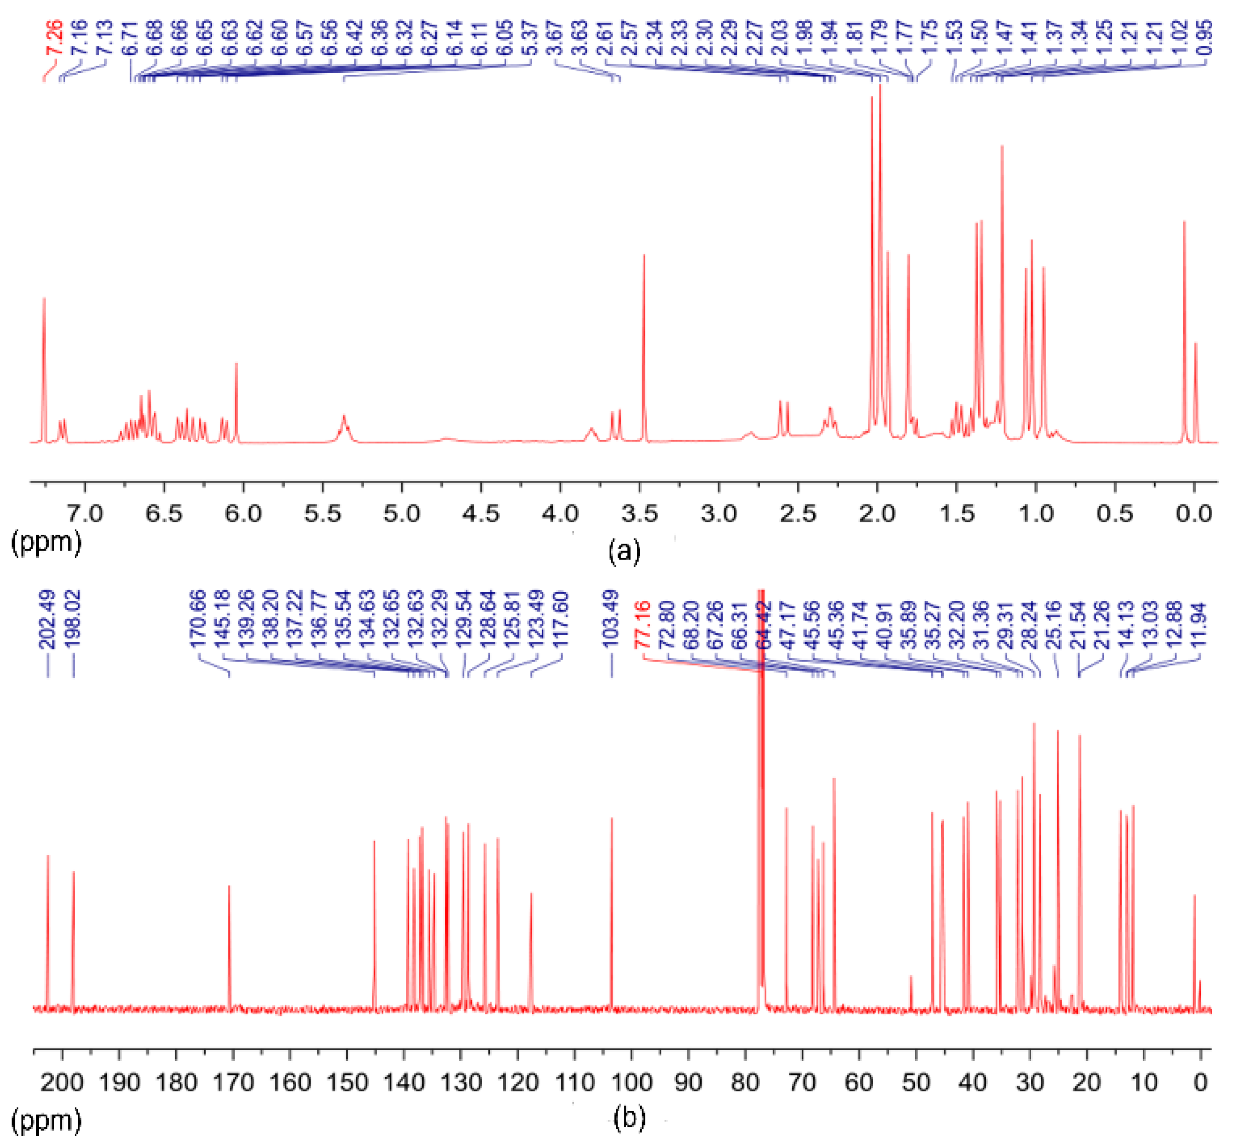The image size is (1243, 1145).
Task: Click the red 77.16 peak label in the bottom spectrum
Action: [x=645, y=624]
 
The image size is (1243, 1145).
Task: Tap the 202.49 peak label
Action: [x=48, y=620]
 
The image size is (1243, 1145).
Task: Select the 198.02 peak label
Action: [x=73, y=620]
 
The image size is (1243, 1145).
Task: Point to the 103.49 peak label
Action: [x=611, y=620]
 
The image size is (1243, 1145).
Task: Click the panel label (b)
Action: [x=629, y=1116]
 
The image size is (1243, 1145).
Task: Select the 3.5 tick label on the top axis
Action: [x=639, y=514]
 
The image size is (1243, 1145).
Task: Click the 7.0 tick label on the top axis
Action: [x=85, y=514]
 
